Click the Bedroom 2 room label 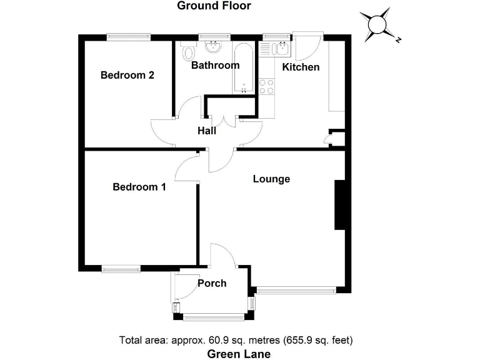click(127, 75)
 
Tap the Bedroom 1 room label click(139, 187)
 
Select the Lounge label click(271, 179)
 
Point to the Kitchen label click(301, 67)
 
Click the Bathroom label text click(215, 65)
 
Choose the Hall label click(207, 131)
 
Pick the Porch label click(212, 283)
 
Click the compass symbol click(379, 24)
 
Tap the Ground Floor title click(214, 6)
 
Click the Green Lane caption click(239, 354)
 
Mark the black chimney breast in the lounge click(341, 206)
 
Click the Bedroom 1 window click(121, 269)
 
